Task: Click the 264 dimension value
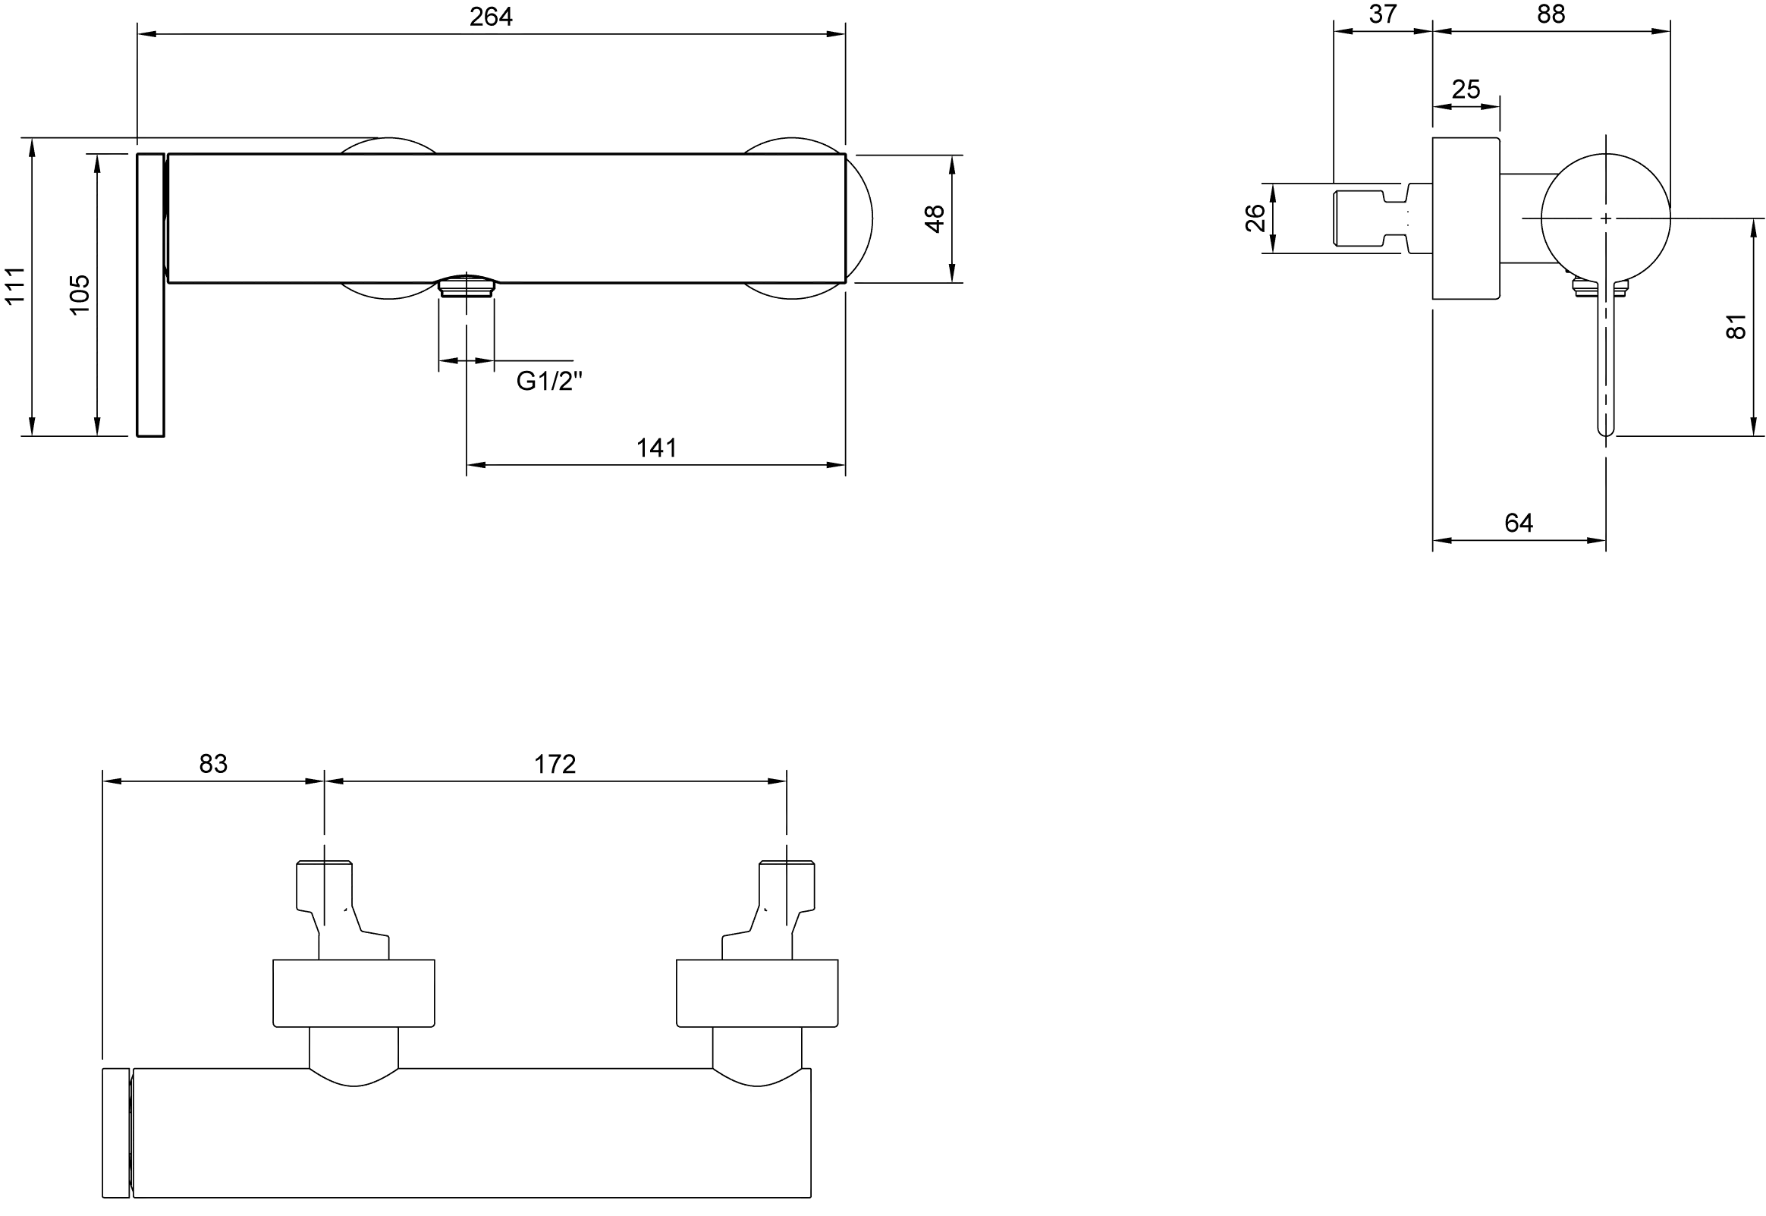[x=491, y=16]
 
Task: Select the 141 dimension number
[x=656, y=448]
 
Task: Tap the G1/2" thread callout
[x=548, y=380]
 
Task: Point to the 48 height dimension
[x=934, y=218]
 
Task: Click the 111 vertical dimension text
[x=15, y=286]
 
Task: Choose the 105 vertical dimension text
[x=79, y=294]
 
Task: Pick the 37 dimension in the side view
[x=1382, y=14]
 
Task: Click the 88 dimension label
[x=1551, y=14]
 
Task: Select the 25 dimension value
[x=1465, y=90]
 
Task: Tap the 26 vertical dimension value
[x=1255, y=218]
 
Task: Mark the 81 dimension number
[x=1735, y=326]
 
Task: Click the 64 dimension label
[x=1519, y=522]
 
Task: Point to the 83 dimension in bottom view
[x=213, y=763]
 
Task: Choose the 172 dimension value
[x=555, y=763]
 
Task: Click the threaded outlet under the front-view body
[x=467, y=286]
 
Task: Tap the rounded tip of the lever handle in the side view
[x=1605, y=431]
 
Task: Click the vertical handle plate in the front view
[x=151, y=295]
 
